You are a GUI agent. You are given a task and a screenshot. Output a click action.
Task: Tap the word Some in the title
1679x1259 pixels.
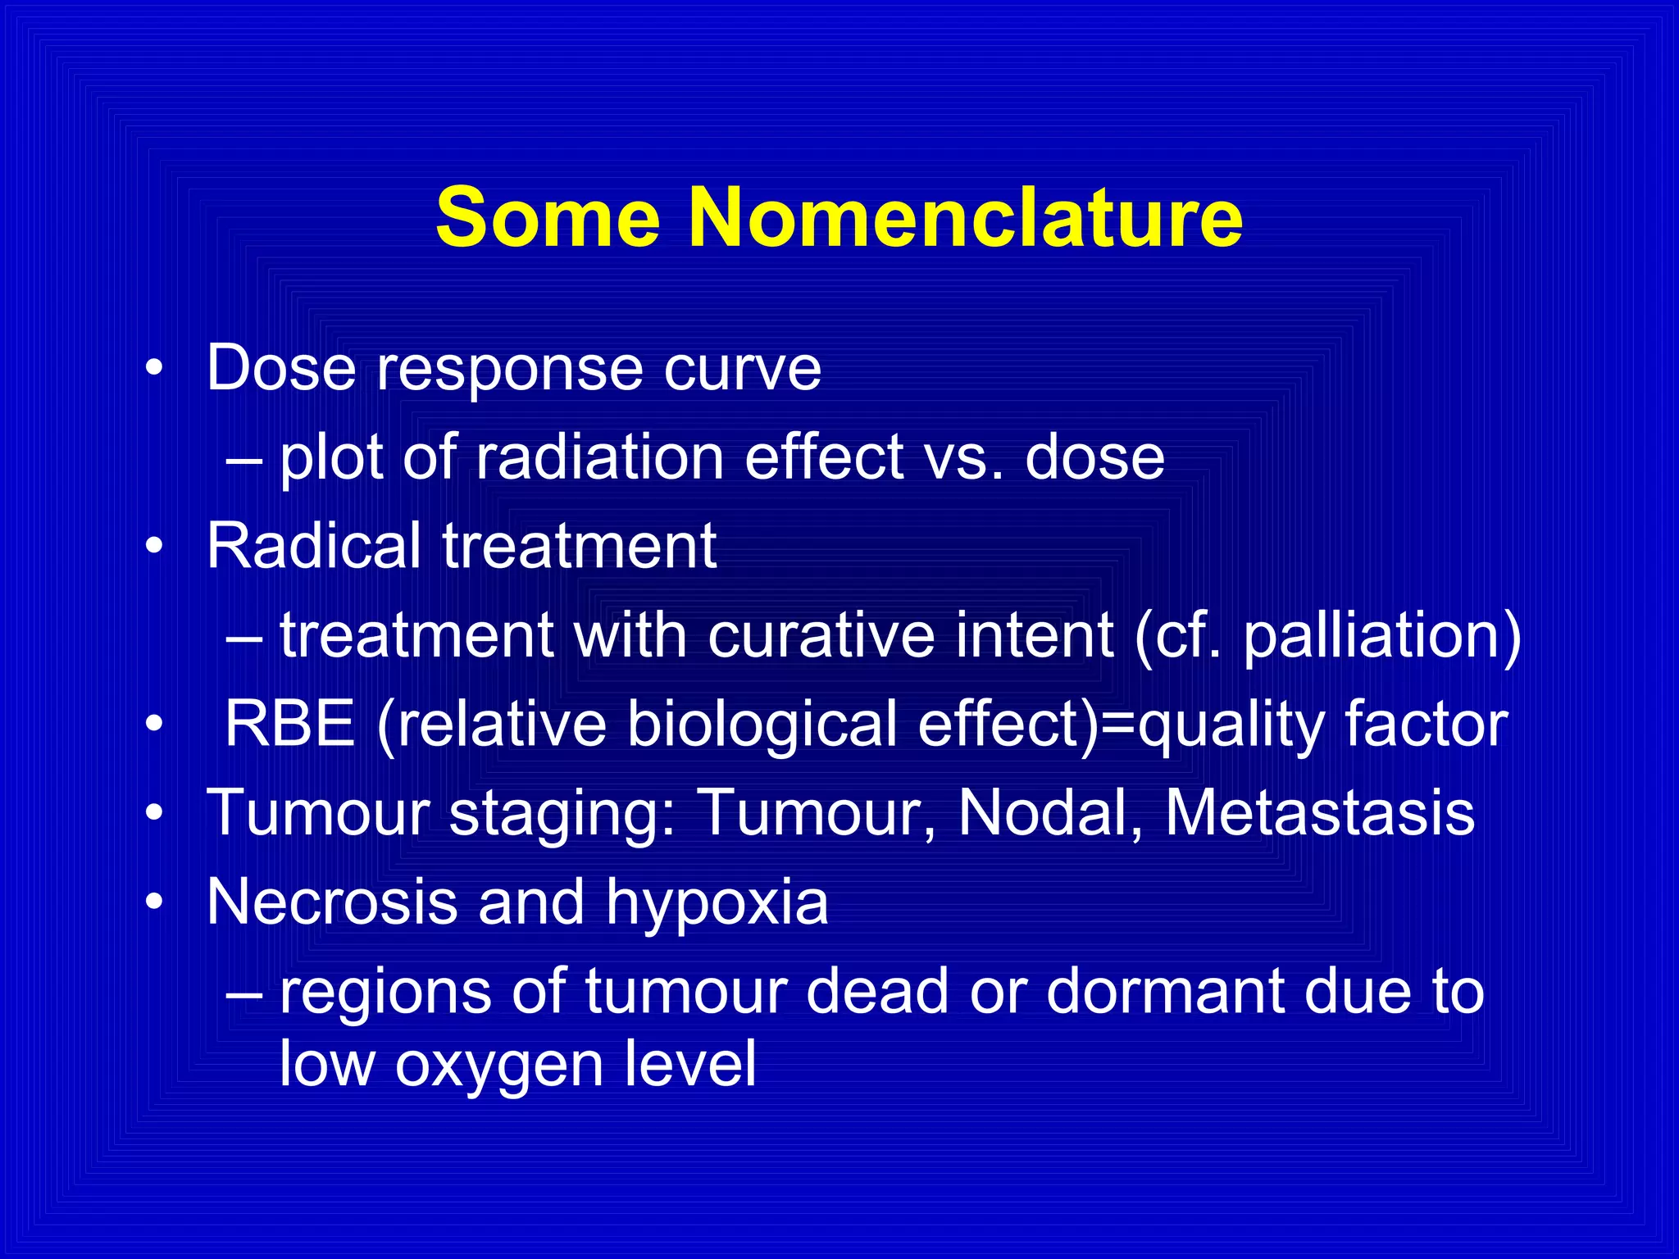point(548,217)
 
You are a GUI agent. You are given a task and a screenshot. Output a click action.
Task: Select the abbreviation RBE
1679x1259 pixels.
point(289,725)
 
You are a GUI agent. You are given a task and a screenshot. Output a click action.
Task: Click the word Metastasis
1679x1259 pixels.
point(1320,813)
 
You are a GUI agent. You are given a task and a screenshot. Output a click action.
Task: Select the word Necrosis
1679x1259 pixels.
point(331,902)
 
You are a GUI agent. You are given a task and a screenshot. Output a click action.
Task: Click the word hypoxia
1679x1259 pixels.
point(717,902)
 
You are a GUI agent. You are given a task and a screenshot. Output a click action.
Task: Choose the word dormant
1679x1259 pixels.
point(1165,991)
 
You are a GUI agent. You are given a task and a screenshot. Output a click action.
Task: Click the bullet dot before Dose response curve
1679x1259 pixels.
point(153,370)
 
